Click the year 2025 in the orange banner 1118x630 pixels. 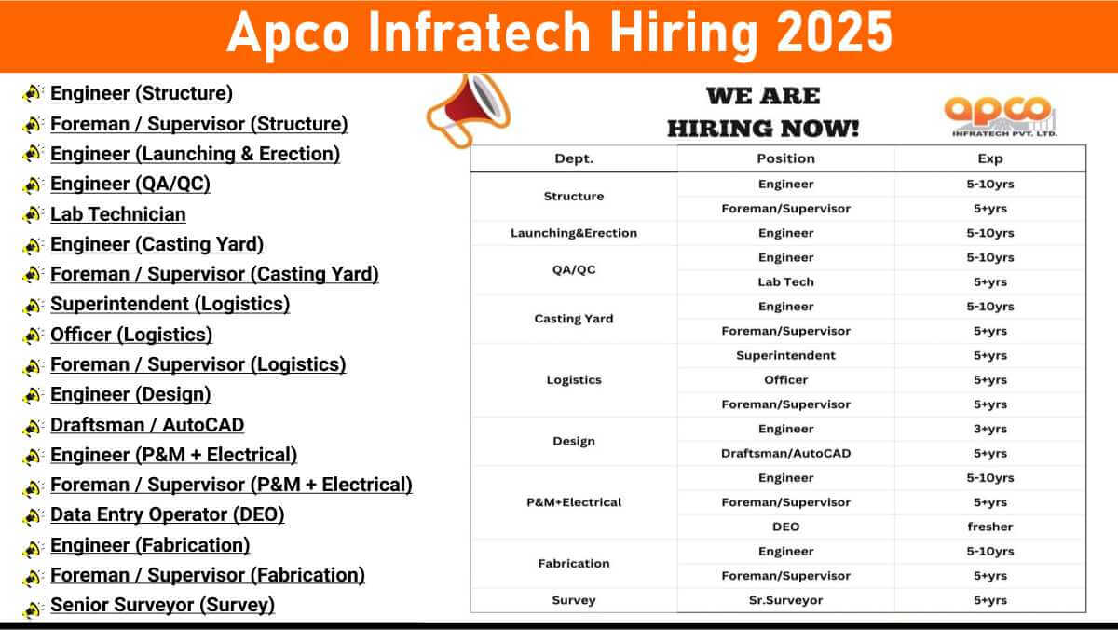[834, 33]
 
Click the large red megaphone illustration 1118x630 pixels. [467, 111]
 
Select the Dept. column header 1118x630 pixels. [574, 158]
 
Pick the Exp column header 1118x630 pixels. [989, 158]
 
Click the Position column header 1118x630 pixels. [785, 158]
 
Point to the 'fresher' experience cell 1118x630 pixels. [989, 527]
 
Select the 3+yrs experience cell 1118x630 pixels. [989, 429]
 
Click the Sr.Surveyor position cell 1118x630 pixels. [785, 600]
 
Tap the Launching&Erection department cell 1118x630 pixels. [574, 233]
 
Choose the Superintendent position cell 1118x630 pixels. [785, 355]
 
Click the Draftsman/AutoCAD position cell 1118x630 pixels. [785, 453]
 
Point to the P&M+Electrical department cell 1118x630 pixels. [574, 502]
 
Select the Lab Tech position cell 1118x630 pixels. [785, 282]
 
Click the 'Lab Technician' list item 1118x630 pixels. [118, 214]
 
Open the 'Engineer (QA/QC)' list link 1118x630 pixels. [130, 185]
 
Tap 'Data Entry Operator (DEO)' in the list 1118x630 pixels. [168, 514]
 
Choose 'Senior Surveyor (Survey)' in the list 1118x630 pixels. [163, 605]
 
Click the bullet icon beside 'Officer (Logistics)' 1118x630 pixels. [33, 336]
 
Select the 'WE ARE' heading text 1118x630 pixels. [763, 96]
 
